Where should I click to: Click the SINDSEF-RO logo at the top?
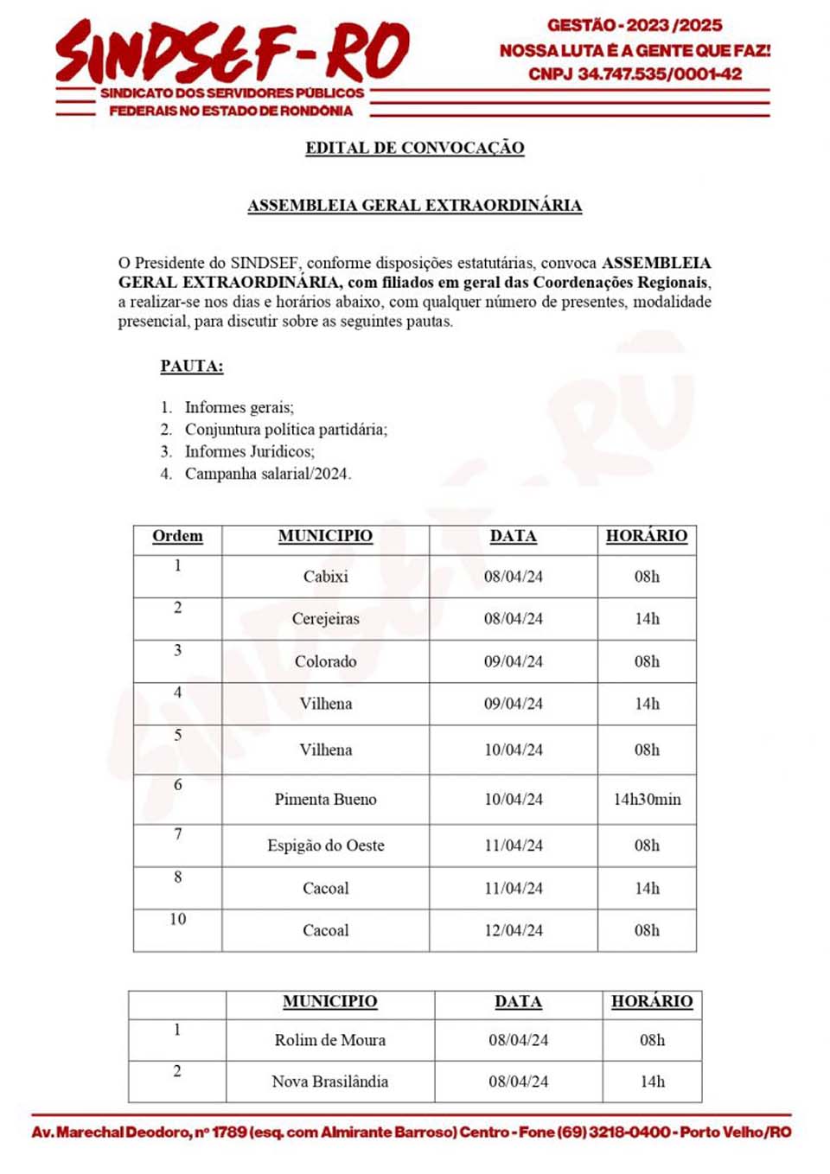coord(232,52)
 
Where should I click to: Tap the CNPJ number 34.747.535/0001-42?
coord(659,74)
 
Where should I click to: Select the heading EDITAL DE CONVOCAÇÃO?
coord(414,148)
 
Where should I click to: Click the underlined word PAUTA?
coord(191,366)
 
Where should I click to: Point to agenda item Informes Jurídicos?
coord(249,451)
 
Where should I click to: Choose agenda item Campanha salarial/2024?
coord(267,474)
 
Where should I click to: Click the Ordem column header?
coord(177,536)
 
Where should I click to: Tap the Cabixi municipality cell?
coord(325,577)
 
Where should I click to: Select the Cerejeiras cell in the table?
coord(325,619)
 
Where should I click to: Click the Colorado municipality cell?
coord(325,661)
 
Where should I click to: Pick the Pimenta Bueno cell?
coord(325,800)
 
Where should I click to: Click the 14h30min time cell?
coord(647,800)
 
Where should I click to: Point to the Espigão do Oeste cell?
coord(325,845)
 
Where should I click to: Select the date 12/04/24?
coord(514,930)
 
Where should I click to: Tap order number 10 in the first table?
coord(177,919)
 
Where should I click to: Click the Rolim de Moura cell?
coord(329,1040)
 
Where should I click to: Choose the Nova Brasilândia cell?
coord(329,1081)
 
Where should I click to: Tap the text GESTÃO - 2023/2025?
coord(635,25)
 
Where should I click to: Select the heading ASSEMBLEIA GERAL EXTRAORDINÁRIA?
coord(414,206)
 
